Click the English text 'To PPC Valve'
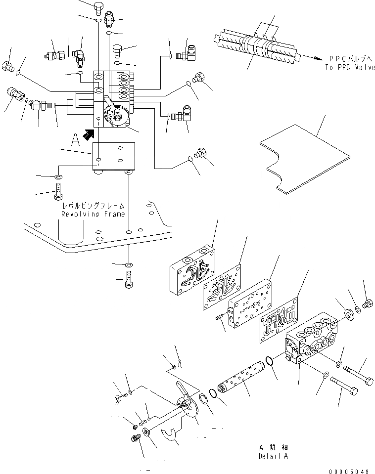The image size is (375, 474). pos(351,67)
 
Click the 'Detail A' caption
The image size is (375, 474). pos(273,456)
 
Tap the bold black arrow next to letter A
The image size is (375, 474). pos(89,133)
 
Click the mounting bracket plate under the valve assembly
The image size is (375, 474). pos(114,157)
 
